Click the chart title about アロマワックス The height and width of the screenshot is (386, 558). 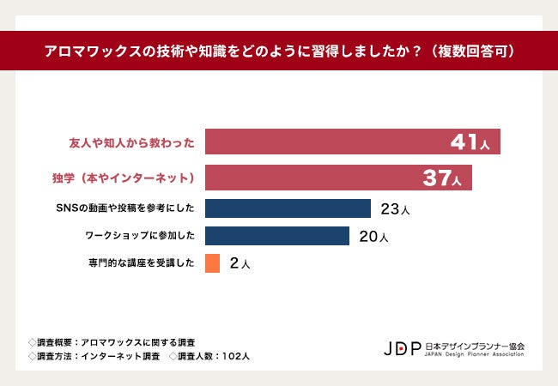[x=279, y=51]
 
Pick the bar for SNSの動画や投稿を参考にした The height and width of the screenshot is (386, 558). [x=288, y=208]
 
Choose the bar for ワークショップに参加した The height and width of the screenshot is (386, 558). [x=277, y=236]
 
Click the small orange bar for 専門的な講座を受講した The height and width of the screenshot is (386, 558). [x=213, y=263]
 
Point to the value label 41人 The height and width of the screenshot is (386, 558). [x=470, y=142]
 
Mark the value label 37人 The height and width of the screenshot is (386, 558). [x=442, y=178]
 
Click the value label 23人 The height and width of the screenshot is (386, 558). [x=395, y=209]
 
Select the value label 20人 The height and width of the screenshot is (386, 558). [x=373, y=237]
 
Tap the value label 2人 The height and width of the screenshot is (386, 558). [x=240, y=264]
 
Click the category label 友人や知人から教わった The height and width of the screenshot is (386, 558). [x=131, y=142]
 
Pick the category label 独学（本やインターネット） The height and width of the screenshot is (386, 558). [x=125, y=178]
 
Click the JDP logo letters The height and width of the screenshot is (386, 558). [x=402, y=348]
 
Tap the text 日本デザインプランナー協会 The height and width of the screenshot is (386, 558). [x=475, y=345]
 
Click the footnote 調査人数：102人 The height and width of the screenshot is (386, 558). [x=209, y=356]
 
